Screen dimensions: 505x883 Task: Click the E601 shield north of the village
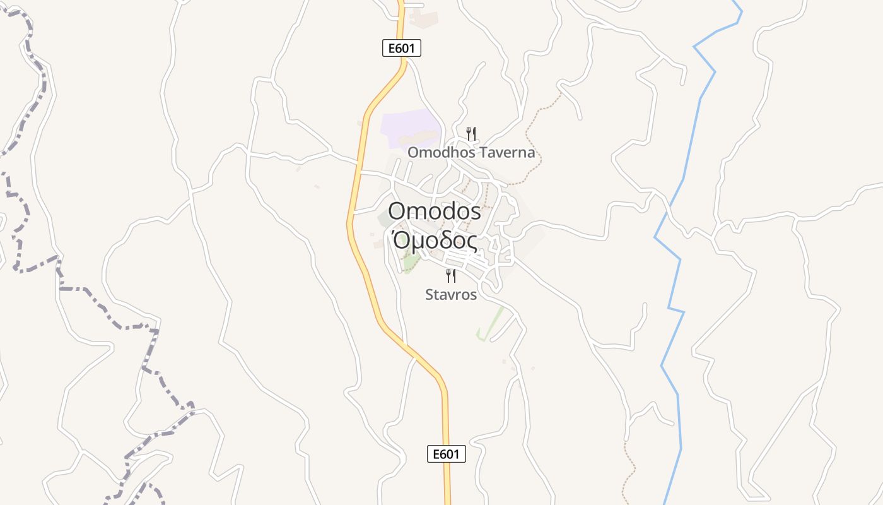coord(402,48)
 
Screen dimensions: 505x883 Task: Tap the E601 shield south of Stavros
coord(447,454)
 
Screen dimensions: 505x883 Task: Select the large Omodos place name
coord(435,211)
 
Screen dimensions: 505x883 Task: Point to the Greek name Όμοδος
coord(435,241)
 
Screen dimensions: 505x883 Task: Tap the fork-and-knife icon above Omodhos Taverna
coord(471,133)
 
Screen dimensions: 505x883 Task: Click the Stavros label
coord(451,294)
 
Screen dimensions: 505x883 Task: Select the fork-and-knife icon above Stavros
coord(451,275)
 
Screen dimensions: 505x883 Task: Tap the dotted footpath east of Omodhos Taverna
coord(536,139)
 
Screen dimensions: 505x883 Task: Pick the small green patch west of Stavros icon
coord(412,263)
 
